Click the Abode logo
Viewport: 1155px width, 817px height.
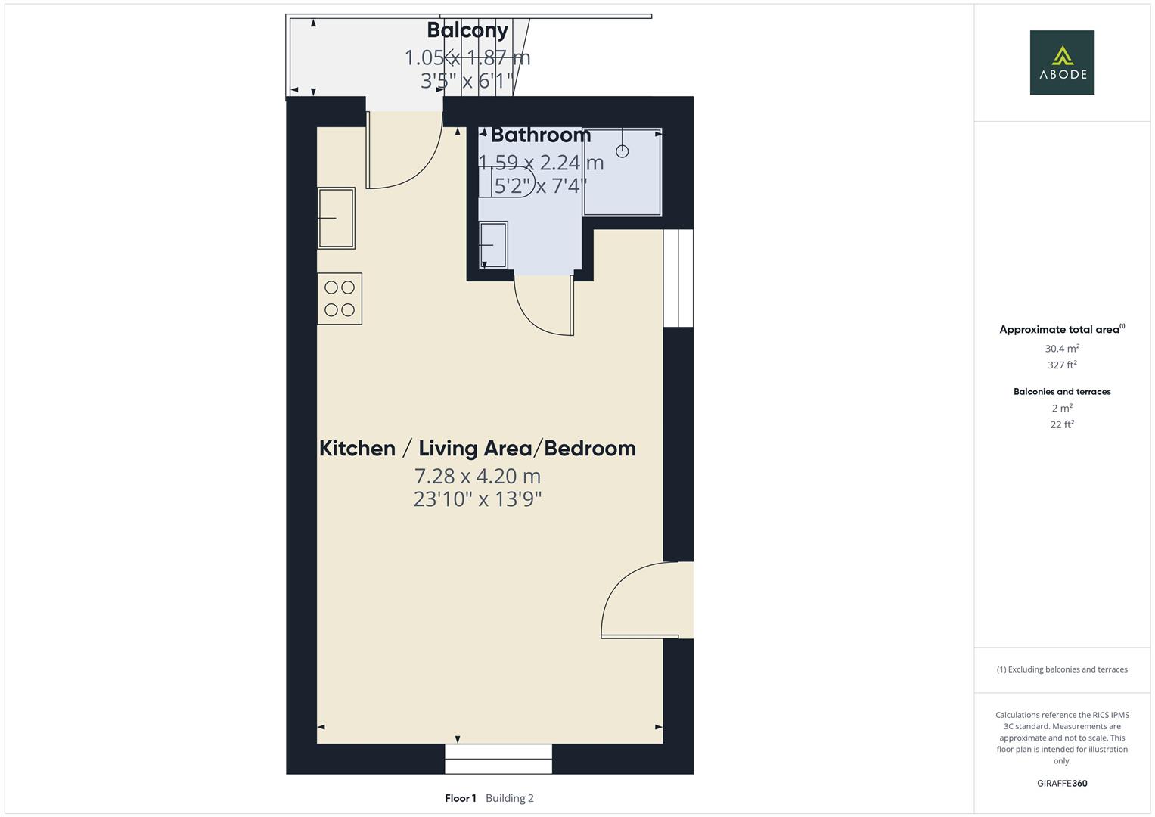[x=1062, y=62]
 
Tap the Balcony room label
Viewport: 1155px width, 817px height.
[x=467, y=30]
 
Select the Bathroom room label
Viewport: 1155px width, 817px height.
[x=540, y=135]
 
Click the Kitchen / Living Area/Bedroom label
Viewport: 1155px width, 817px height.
[x=477, y=448]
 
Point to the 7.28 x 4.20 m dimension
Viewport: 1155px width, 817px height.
[x=477, y=477]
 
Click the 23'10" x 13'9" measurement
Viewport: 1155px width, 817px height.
[x=477, y=499]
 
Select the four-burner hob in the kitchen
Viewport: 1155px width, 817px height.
[x=340, y=299]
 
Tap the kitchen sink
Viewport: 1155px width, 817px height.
[x=336, y=218]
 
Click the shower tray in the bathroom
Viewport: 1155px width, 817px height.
[x=623, y=172]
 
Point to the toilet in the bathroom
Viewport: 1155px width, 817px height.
[x=507, y=182]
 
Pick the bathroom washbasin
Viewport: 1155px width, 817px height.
[x=493, y=245]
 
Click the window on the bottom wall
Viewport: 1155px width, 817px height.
[x=498, y=759]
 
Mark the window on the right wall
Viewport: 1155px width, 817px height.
[x=678, y=278]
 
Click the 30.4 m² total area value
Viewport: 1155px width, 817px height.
[x=1062, y=349]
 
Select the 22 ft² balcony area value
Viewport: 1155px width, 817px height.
[x=1062, y=424]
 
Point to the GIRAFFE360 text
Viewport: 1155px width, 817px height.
[x=1062, y=784]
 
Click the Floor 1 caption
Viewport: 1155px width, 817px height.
[x=461, y=798]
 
